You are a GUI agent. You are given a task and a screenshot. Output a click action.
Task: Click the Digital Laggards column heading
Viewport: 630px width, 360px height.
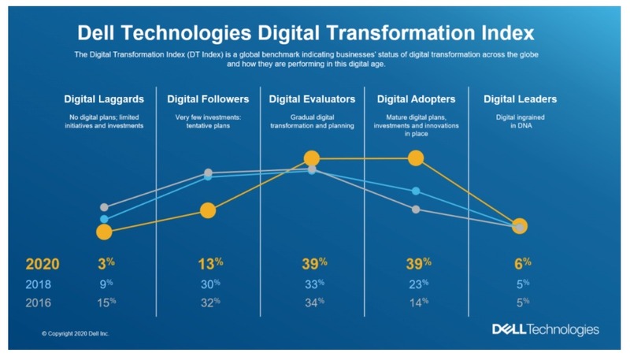coord(104,99)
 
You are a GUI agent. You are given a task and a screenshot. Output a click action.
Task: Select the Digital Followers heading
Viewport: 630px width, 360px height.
coord(208,99)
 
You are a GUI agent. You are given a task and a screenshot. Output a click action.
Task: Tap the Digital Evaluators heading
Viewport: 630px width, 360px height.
coord(312,99)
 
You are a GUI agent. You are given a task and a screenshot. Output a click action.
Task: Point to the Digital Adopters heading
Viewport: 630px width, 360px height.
coord(416,99)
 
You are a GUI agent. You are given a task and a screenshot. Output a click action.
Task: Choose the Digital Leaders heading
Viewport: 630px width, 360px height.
coord(519,99)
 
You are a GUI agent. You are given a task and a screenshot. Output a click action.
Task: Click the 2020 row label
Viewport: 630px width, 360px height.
coord(43,263)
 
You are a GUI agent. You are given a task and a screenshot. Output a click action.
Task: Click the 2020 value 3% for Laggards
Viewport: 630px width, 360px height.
coord(104,263)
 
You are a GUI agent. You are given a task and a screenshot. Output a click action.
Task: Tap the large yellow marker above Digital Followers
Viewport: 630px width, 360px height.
coord(208,210)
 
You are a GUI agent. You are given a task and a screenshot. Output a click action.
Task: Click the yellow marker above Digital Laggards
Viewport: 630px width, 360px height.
coord(104,232)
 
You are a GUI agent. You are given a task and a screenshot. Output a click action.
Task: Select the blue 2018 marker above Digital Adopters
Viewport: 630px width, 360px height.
coord(416,191)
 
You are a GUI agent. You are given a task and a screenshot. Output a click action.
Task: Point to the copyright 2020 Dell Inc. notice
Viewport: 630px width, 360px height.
coord(76,334)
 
